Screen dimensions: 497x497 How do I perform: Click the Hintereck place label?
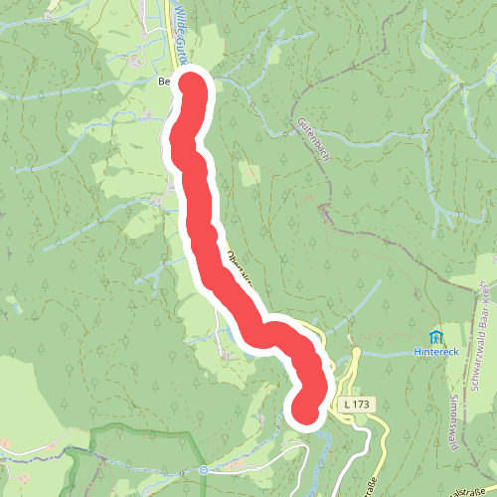click(x=435, y=352)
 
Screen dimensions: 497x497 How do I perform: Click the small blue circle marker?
click(x=202, y=469)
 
